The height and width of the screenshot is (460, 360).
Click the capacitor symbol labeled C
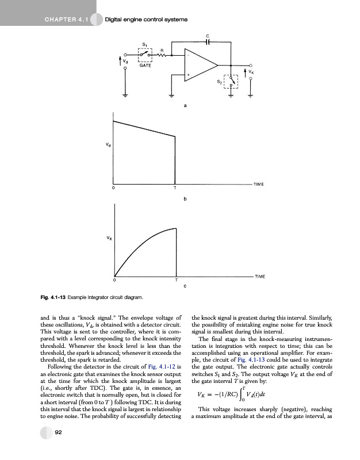208,41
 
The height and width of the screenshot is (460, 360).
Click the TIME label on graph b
259,183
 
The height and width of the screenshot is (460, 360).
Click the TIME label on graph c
259,277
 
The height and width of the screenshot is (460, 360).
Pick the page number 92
58,448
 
